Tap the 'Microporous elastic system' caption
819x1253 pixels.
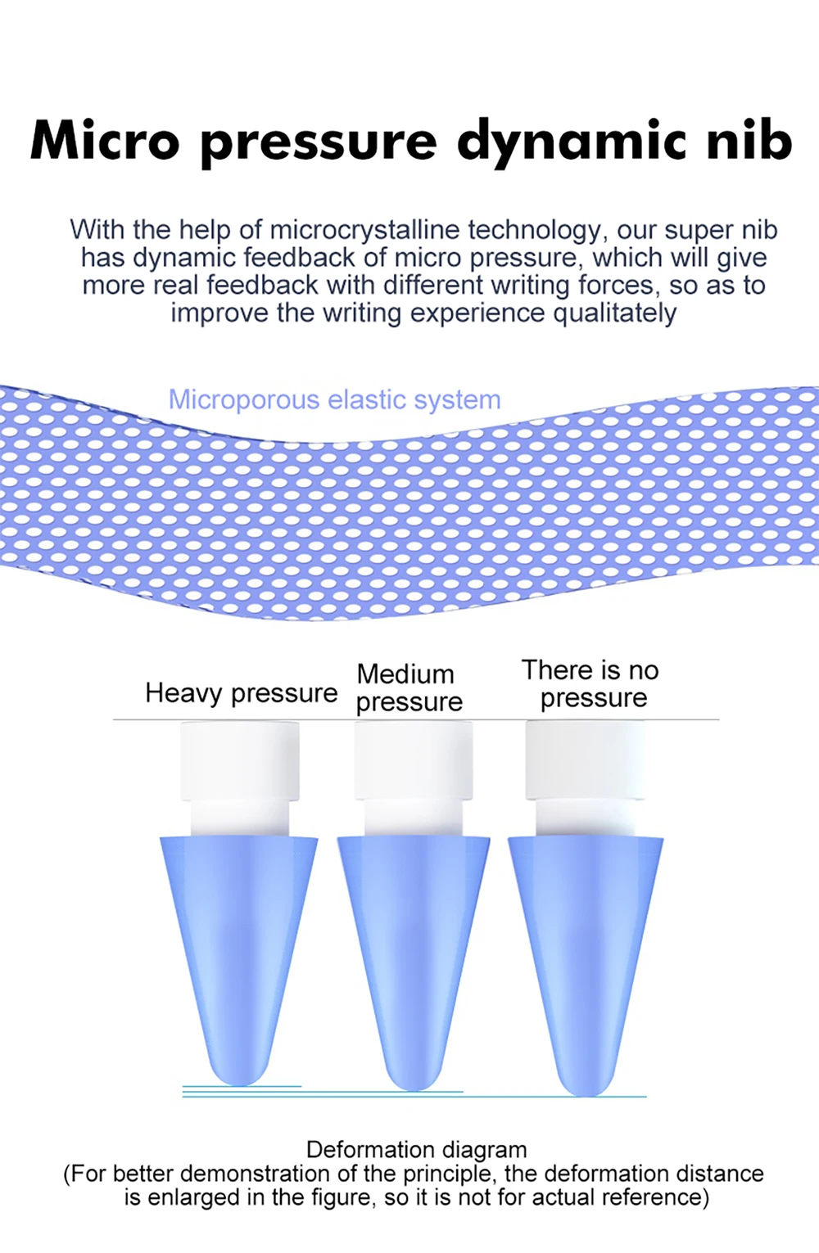(334, 399)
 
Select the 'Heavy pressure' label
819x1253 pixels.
(241, 693)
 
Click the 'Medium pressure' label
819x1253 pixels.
(409, 687)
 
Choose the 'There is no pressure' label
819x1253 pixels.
(591, 683)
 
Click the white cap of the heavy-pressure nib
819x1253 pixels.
(239, 761)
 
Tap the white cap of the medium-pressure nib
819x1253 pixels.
(413, 761)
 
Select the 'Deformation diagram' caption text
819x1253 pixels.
(416, 1149)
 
